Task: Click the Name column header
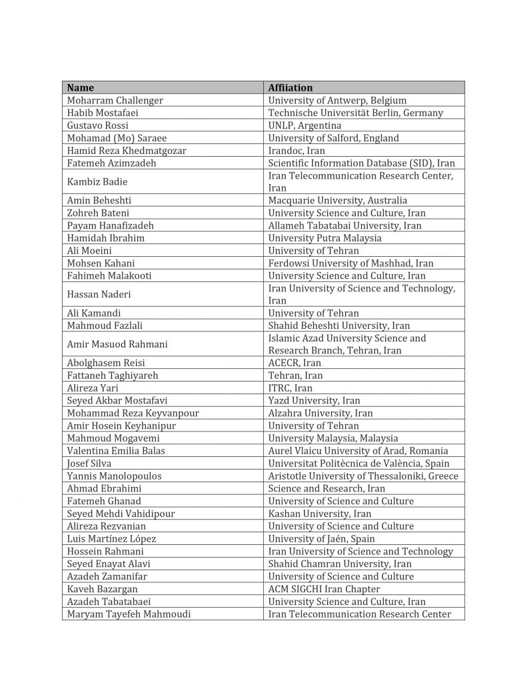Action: point(81,87)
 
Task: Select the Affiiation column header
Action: point(290,87)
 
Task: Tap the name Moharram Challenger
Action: point(115,100)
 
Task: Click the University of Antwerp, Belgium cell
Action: point(337,100)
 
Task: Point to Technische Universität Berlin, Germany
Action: point(355,113)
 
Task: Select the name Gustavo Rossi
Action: point(98,125)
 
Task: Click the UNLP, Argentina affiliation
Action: point(304,125)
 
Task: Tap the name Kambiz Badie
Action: point(97,181)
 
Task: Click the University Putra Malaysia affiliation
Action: point(325,238)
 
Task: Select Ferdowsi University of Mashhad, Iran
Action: point(350,263)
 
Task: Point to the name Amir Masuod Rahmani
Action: point(117,344)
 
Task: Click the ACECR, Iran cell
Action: point(294,363)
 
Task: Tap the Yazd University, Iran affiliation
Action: point(314,401)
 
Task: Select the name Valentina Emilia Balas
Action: point(116,451)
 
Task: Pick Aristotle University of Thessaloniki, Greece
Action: point(363,476)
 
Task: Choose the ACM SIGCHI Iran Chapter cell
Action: point(324,589)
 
